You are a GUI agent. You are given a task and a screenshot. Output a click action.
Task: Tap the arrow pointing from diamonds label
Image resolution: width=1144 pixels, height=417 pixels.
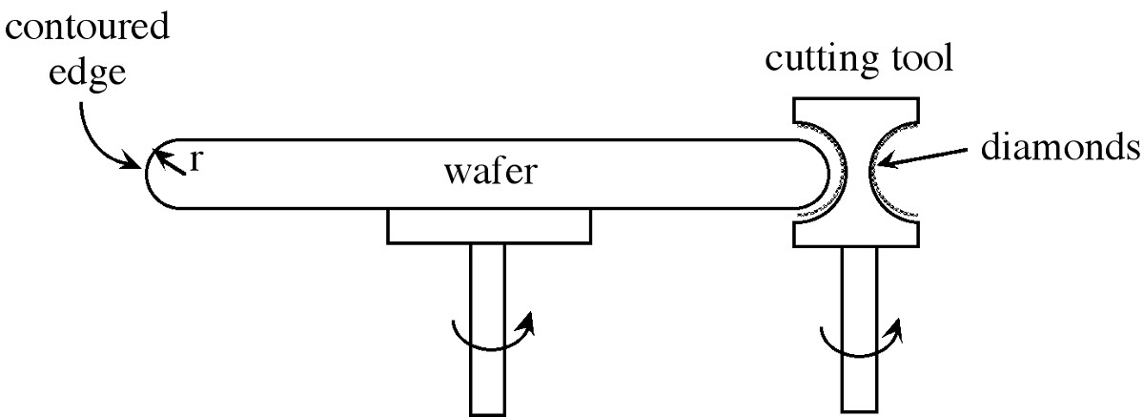[929, 159]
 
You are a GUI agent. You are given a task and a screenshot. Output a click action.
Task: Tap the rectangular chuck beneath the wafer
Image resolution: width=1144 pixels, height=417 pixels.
[488, 226]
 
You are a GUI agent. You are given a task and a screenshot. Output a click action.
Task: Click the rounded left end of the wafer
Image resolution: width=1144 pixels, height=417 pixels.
[157, 174]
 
